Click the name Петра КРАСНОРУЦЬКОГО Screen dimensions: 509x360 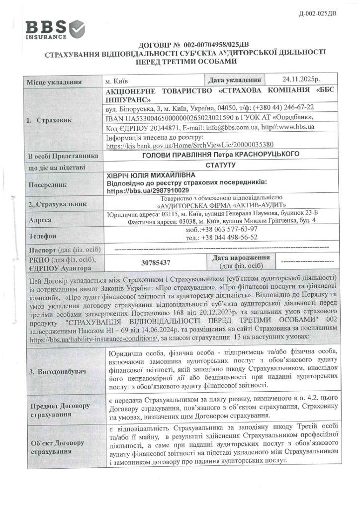(262, 155)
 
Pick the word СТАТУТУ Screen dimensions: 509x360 (219, 165)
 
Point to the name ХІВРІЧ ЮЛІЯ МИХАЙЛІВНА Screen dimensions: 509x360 (148, 175)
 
